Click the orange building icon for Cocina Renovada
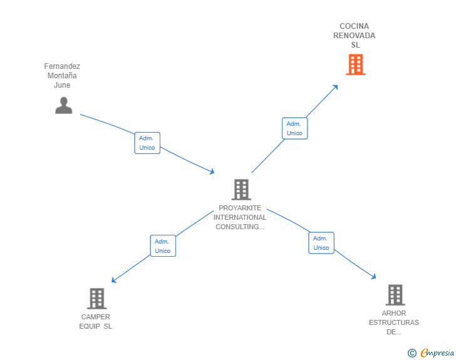click(355, 64)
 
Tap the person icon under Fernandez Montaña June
click(63, 105)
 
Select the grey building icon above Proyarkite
click(241, 189)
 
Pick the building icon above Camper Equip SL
click(96, 299)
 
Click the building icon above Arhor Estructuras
click(395, 295)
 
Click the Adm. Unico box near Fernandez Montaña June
click(147, 143)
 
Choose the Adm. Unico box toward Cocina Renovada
click(294, 128)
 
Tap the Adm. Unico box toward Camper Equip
click(163, 246)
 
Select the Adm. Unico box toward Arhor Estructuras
click(321, 243)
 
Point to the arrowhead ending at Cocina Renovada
click(336, 86)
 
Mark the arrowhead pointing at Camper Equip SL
click(114, 280)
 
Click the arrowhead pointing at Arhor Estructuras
click(374, 277)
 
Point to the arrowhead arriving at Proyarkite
click(212, 171)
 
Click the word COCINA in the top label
click(355, 26)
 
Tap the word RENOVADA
click(355, 36)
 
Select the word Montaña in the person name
click(62, 76)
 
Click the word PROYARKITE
click(240, 208)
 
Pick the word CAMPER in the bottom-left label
click(96, 317)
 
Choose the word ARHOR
click(394, 313)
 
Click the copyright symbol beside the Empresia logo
click(412, 353)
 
